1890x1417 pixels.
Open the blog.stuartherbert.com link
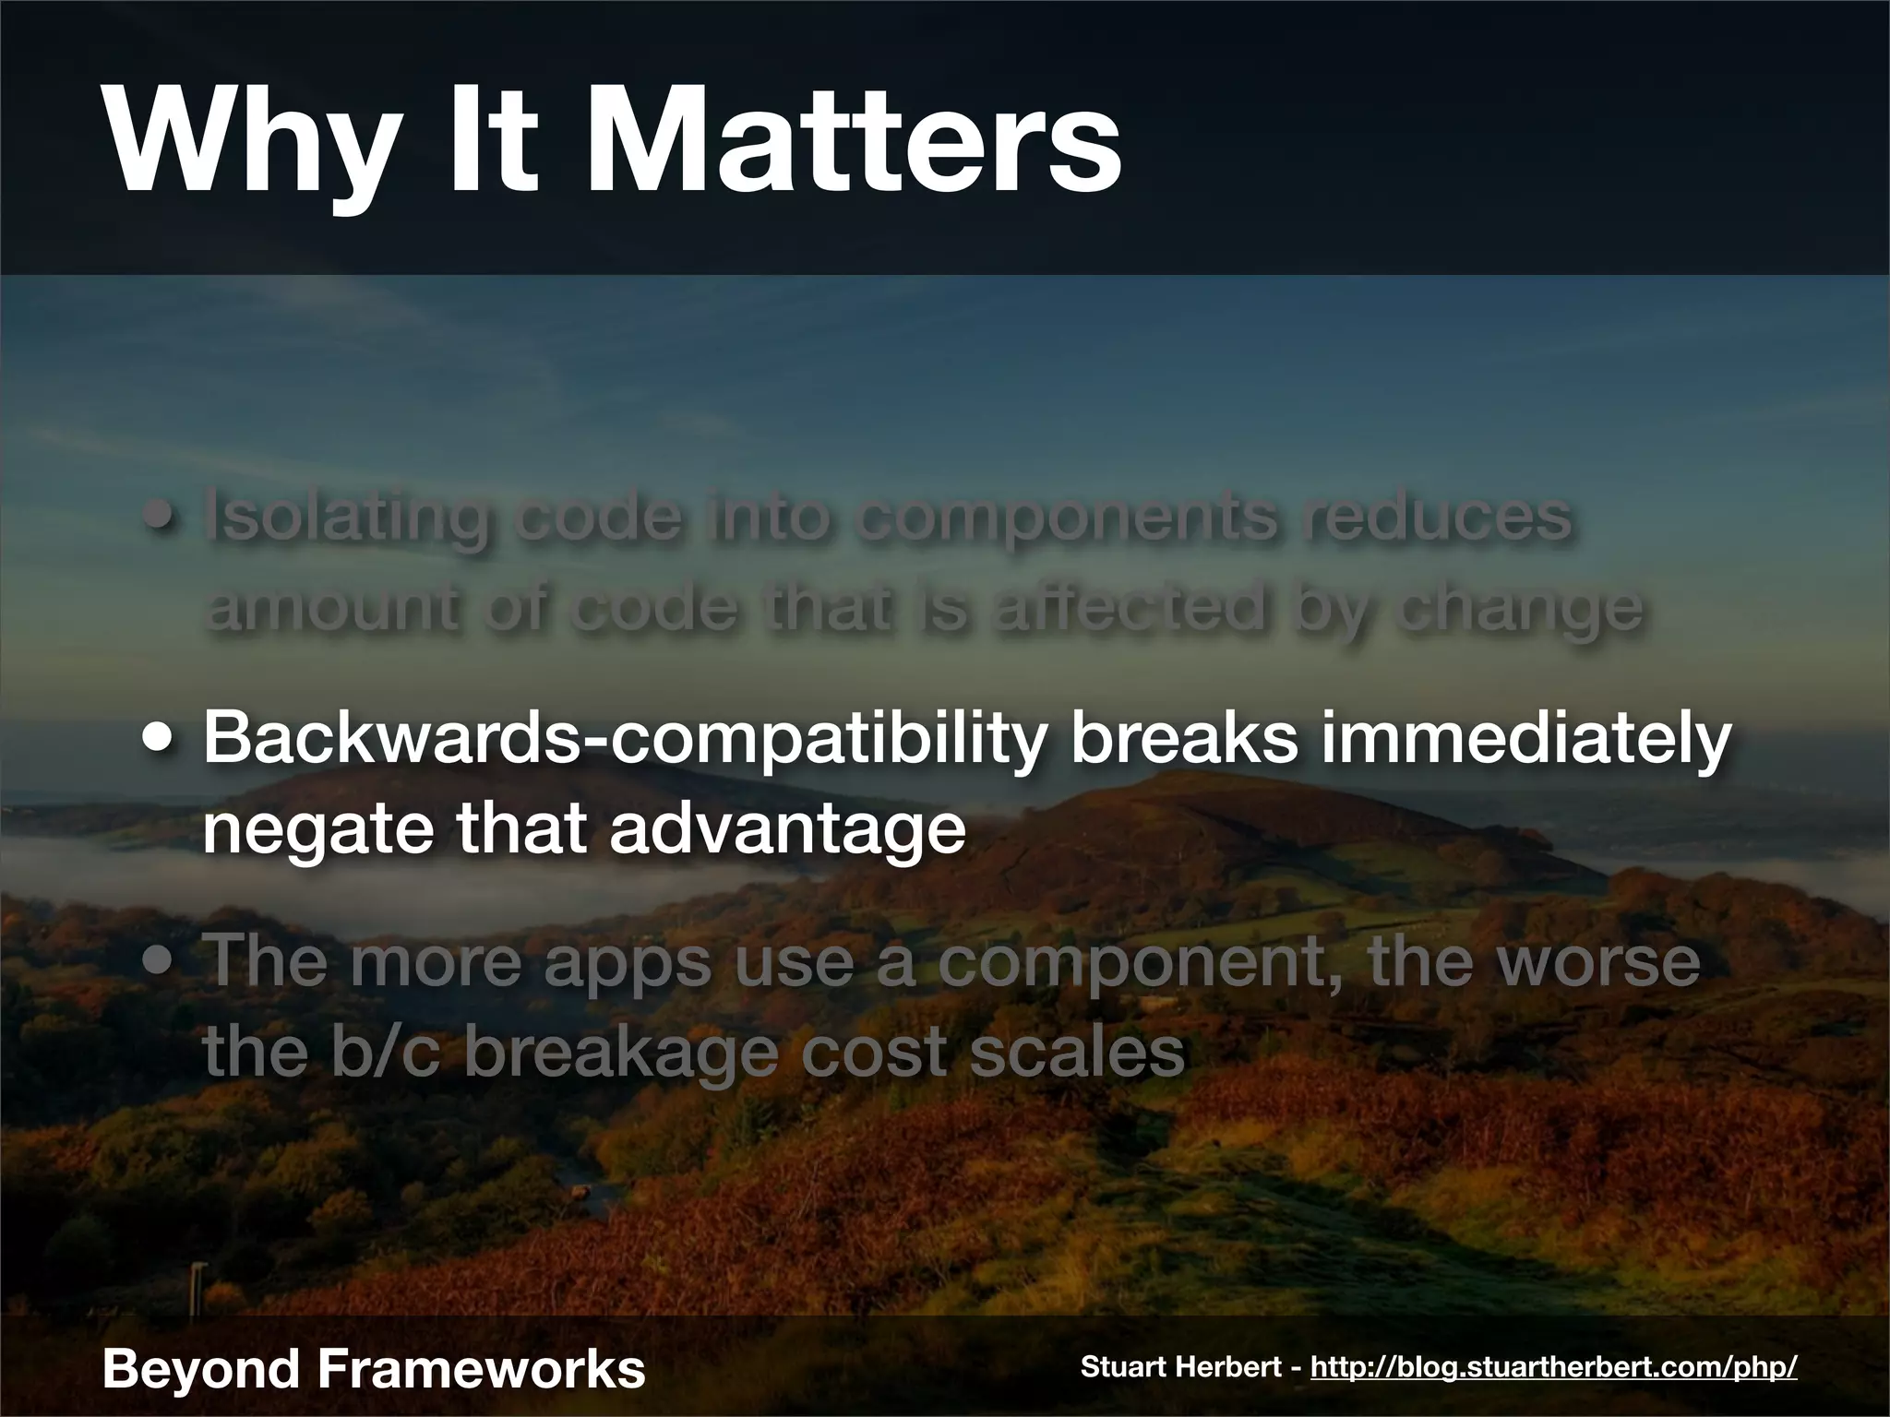pos(1553,1367)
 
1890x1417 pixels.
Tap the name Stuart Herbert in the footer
pos(1181,1366)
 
